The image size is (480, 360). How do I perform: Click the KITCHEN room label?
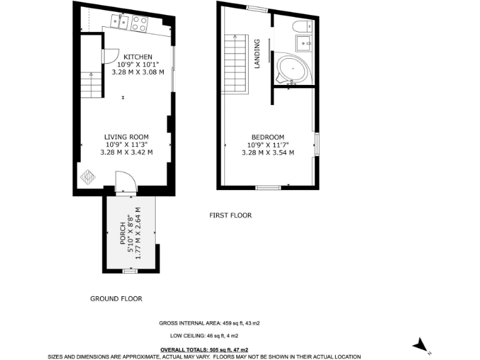[137, 57]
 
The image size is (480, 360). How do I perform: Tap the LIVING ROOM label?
[126, 137]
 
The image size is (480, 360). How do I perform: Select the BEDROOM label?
[267, 137]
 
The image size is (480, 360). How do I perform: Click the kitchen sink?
[119, 22]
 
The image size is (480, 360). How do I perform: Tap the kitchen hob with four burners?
[139, 23]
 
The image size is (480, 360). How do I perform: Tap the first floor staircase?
[236, 64]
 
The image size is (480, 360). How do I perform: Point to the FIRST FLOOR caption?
[230, 216]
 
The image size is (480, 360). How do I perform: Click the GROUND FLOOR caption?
[116, 299]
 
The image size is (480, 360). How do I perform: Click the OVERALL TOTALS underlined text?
[204, 349]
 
